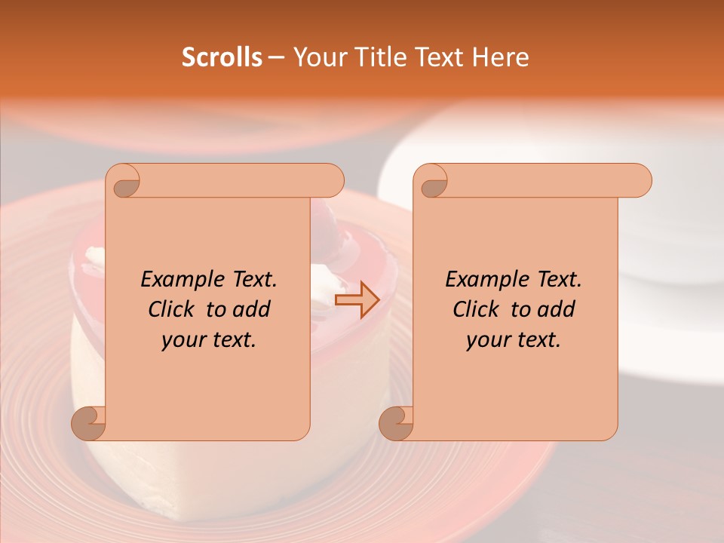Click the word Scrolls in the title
pyautogui.click(x=222, y=57)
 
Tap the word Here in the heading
pyautogui.click(x=501, y=57)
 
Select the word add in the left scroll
pyautogui.click(x=253, y=309)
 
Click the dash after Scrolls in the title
pyautogui.click(x=276, y=57)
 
